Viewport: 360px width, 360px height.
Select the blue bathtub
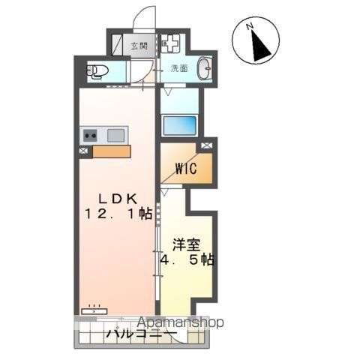tap(179, 125)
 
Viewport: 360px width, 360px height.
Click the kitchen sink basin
tap(115, 136)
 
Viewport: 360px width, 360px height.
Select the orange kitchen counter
tap(111, 151)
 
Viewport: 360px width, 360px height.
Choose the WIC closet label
tap(186, 169)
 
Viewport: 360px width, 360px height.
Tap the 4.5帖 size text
tap(187, 260)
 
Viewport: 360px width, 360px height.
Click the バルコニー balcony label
tap(140, 334)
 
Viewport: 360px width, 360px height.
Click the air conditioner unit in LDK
tap(95, 306)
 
